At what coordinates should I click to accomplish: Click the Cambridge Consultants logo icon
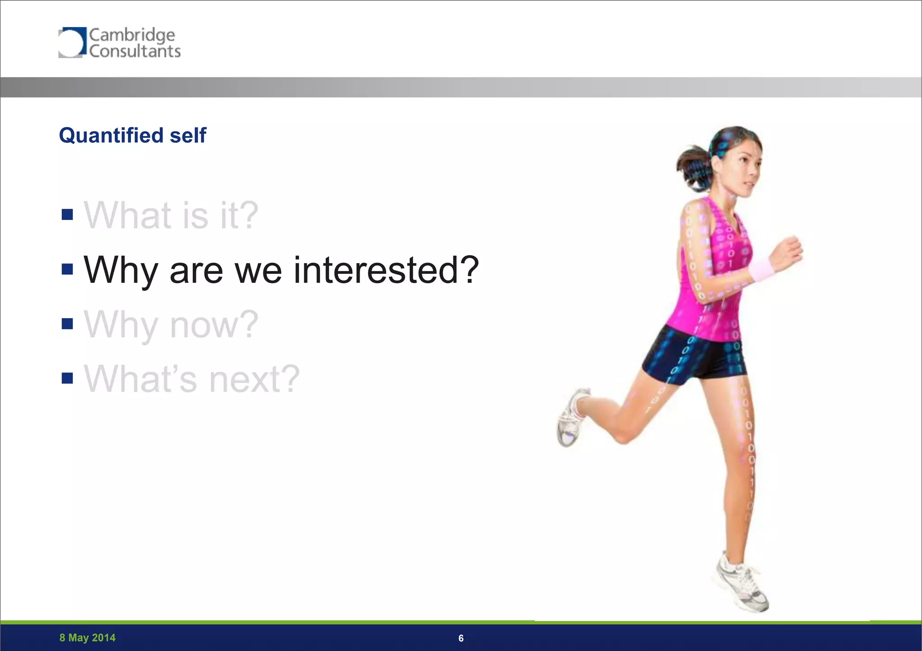72,42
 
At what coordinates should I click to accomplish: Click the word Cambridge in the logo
132,35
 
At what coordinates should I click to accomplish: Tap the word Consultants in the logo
135,51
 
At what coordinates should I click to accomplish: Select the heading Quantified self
132,135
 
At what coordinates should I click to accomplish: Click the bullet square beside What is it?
67,214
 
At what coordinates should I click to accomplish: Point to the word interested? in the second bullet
386,270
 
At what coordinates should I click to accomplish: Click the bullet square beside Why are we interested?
67,269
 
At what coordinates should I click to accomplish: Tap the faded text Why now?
171,324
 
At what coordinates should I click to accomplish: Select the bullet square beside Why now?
67,324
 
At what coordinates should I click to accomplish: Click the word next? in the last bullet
254,379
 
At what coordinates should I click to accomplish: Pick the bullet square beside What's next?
67,378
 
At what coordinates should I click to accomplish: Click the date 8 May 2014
87,637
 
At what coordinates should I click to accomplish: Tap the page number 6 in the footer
461,638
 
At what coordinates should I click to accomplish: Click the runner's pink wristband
761,269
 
